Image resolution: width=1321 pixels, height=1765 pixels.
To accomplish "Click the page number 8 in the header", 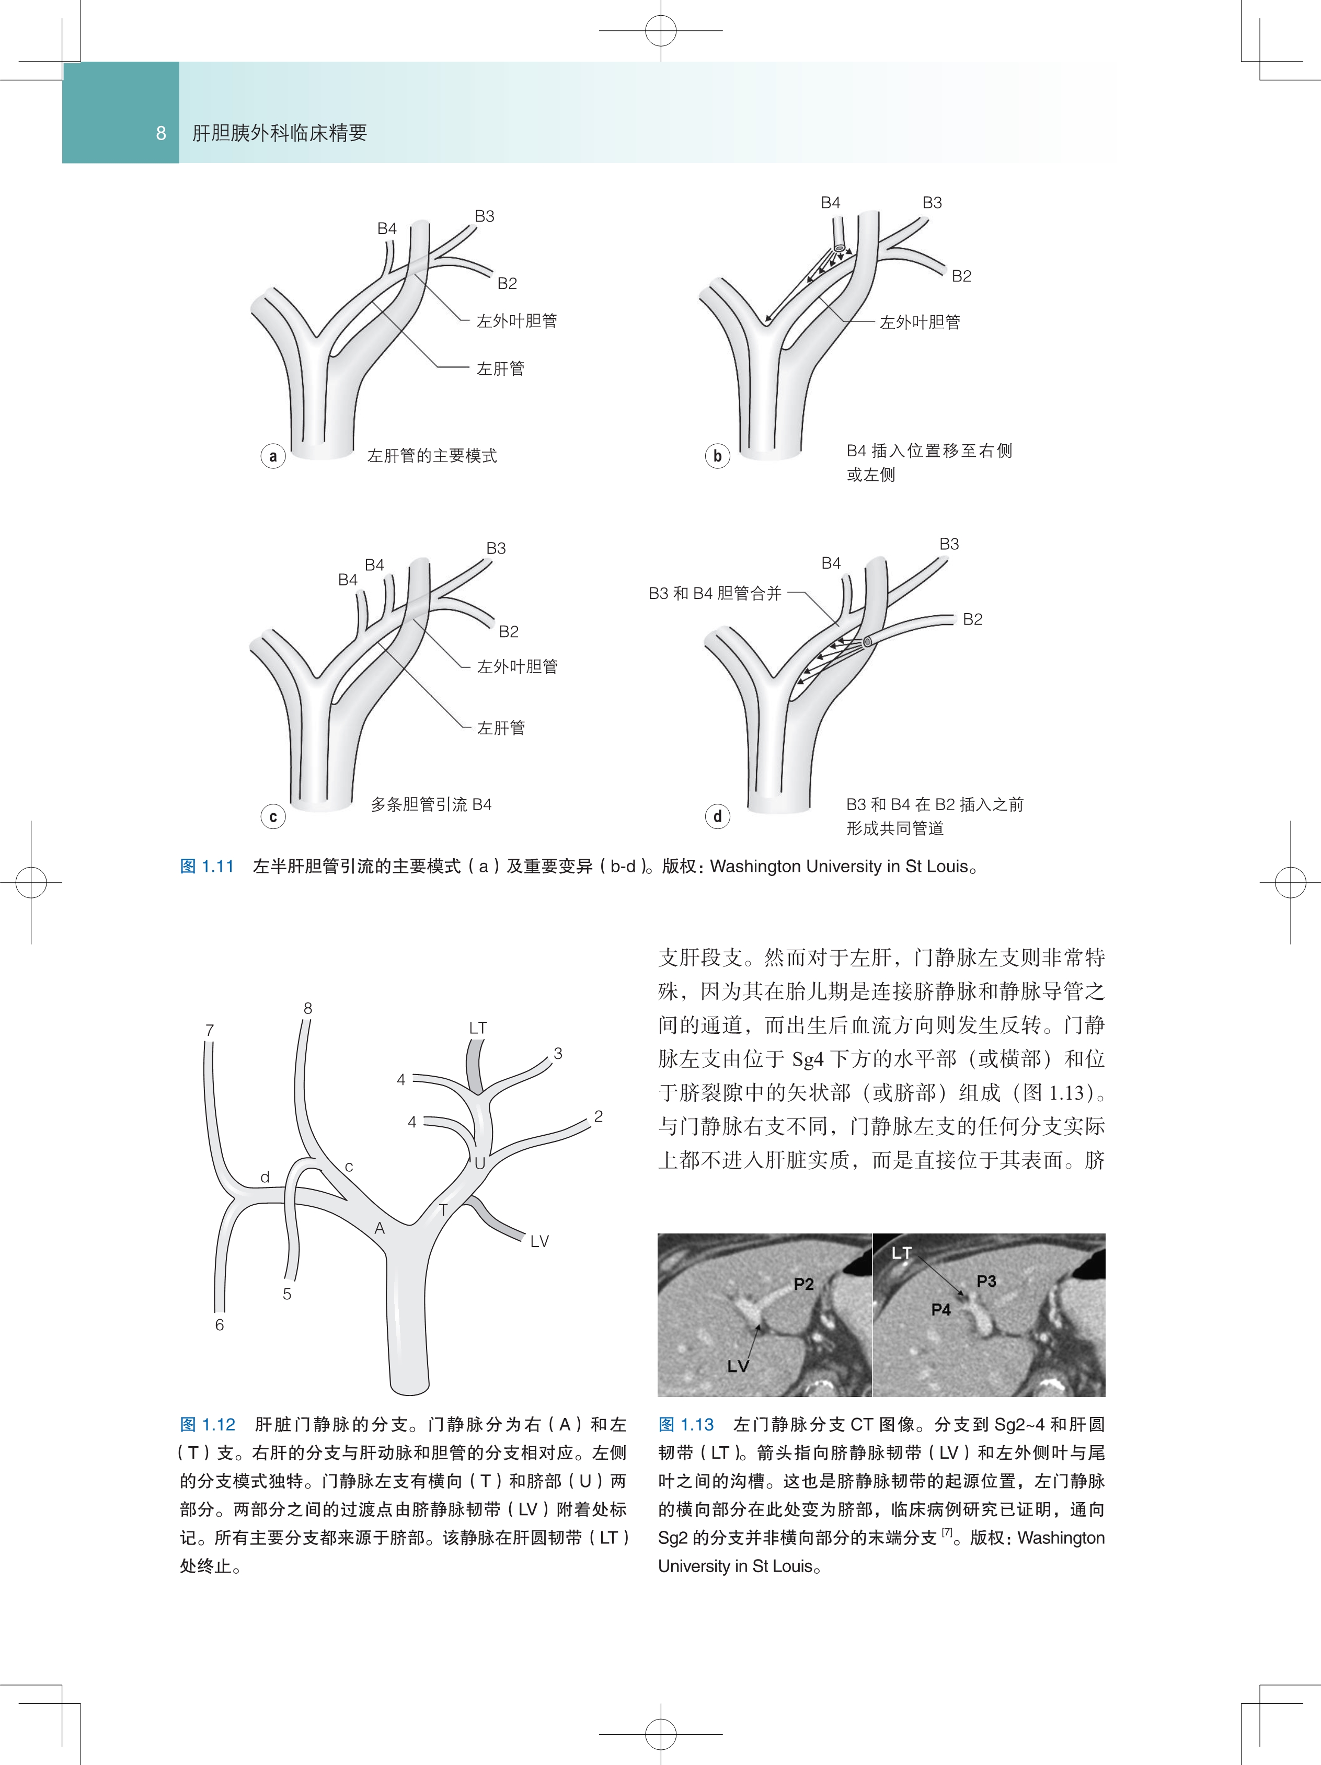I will point(161,133).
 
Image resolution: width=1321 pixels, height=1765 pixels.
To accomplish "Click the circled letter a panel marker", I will point(273,456).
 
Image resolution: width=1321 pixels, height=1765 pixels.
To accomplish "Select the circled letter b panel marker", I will point(717,456).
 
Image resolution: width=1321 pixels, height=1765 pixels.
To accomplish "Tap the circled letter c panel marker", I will point(273,816).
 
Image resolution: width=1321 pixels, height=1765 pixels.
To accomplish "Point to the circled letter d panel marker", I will point(717,816).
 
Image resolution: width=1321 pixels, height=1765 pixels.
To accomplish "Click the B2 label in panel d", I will point(972,619).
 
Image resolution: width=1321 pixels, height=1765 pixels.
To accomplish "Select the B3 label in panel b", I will point(932,203).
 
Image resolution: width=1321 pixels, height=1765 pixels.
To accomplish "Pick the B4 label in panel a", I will point(387,229).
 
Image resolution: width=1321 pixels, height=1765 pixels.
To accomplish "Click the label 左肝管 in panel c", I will point(500,728).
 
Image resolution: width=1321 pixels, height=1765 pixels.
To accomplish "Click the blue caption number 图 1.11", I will point(206,867).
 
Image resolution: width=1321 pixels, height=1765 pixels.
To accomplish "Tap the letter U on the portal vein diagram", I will point(480,1163).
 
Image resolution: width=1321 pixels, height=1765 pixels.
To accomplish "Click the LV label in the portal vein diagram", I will point(539,1241).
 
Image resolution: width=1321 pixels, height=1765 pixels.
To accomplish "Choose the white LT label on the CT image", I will point(901,1253).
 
